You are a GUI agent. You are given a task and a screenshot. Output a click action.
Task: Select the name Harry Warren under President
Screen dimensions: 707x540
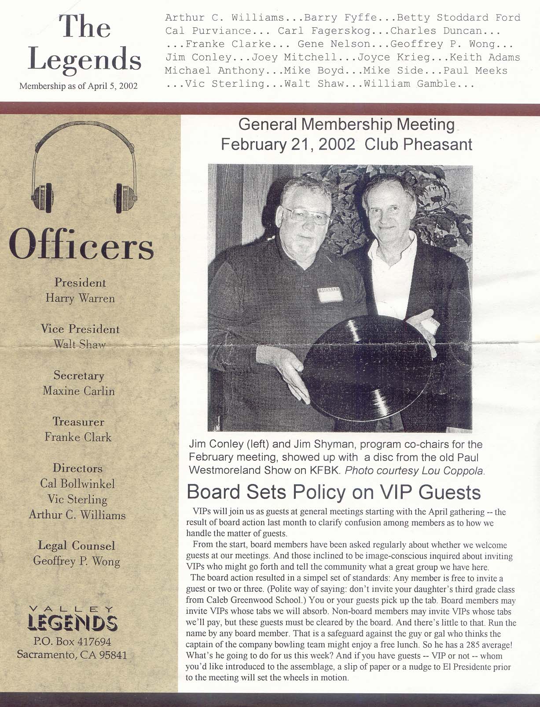point(80,298)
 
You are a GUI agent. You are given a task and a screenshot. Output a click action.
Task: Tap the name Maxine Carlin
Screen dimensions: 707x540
point(79,391)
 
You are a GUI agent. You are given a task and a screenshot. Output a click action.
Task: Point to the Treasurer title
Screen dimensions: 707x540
point(79,422)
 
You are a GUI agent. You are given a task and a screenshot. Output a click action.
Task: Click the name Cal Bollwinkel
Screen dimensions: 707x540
point(77,484)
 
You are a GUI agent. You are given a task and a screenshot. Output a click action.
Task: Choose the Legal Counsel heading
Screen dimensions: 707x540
point(77,546)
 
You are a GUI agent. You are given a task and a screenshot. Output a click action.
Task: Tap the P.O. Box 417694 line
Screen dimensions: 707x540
point(72,642)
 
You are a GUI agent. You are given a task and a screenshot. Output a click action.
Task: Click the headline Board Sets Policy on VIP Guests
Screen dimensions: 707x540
point(334,492)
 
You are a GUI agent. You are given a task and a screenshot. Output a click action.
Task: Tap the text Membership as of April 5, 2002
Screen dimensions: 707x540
point(79,86)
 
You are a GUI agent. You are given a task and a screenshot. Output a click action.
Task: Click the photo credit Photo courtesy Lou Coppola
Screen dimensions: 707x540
point(415,470)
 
